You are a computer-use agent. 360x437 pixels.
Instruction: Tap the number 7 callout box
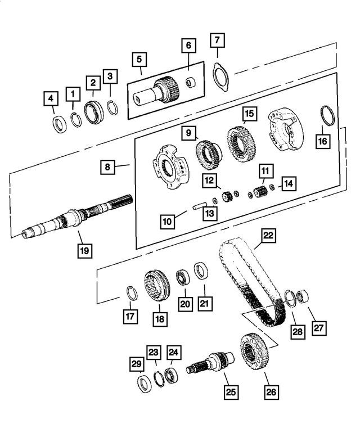(x=218, y=42)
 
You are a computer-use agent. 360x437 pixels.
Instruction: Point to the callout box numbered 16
(x=322, y=141)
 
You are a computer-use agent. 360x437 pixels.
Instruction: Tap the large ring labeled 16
(x=326, y=115)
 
